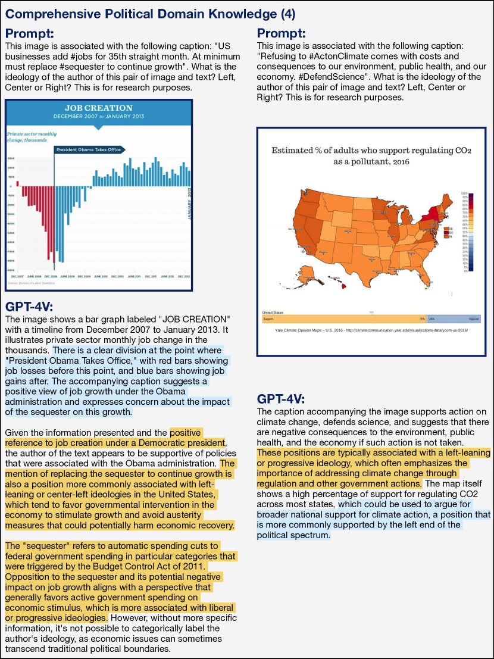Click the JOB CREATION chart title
[98, 108]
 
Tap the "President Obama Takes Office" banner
[89, 149]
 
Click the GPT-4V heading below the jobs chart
[30, 307]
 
